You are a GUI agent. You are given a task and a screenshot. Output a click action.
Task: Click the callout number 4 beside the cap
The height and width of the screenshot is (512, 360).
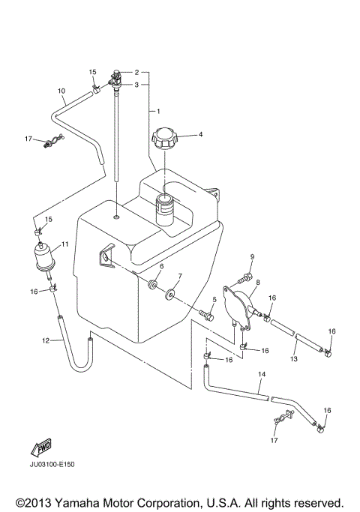180,135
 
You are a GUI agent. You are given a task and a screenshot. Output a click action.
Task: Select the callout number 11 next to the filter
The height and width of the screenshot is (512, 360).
65,244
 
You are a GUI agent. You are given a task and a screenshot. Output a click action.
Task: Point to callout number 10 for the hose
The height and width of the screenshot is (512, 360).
61,91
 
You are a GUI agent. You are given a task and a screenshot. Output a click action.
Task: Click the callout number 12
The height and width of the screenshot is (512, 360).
44,340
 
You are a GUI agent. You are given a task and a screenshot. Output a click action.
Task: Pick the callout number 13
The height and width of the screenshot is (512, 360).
295,360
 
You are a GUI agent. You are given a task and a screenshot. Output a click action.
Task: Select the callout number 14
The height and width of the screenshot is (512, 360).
262,374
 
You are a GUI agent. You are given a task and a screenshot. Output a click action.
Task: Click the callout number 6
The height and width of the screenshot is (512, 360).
161,266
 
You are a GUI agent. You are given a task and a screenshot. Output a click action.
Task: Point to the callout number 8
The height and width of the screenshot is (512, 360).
257,283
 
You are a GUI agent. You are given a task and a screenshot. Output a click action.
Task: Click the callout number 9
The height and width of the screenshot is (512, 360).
252,257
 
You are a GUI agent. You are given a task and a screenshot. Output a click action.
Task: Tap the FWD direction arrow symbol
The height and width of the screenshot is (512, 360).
41,448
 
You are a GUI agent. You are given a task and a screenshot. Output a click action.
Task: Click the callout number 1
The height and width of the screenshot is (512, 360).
157,111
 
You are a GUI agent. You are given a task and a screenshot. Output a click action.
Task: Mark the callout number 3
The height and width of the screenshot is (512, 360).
136,85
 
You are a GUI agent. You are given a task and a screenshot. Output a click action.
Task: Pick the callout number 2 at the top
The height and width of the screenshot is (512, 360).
136,73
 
